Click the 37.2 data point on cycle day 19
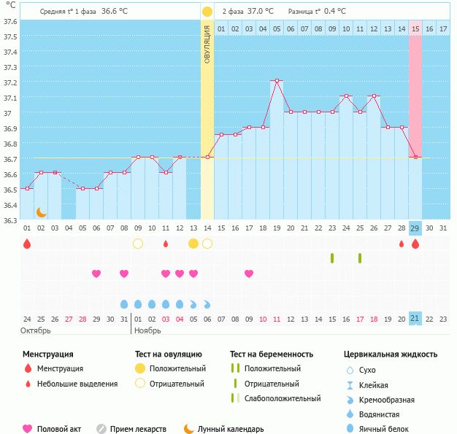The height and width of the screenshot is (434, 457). pos(277,81)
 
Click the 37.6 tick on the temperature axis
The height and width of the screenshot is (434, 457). pos(10,21)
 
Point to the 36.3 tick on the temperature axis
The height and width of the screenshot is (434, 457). pos(10,220)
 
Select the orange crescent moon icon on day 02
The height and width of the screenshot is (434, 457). pos(42,212)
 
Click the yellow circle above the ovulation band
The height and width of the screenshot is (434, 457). pos(207,12)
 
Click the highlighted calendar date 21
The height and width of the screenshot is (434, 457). pos(415,319)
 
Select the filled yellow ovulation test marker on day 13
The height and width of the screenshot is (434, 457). pos(193,244)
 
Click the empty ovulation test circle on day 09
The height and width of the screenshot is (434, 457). pos(138,244)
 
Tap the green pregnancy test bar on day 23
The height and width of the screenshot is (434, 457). pos(332,258)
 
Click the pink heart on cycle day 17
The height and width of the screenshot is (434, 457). pos(249,274)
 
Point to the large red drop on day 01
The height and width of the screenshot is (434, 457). pos(27,244)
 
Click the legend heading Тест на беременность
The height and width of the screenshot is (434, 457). pos(272,354)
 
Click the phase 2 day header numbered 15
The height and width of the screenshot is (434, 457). pos(415,28)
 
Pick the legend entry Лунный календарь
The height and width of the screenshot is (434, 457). pos(231,429)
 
